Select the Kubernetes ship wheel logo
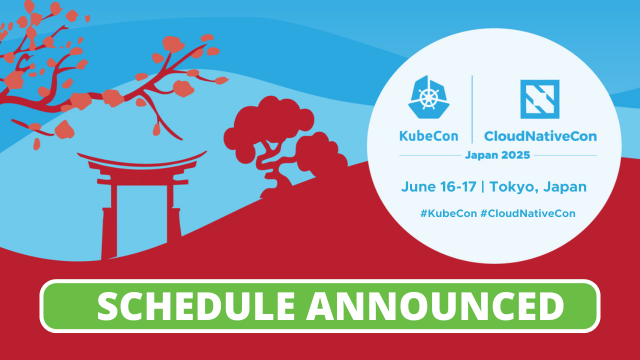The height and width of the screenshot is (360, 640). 429,99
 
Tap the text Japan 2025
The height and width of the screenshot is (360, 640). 497,156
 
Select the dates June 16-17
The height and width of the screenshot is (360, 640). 439,186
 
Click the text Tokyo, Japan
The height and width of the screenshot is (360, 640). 540,186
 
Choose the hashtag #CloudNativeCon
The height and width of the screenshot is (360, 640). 541,213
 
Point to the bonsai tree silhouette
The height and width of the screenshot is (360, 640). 285,140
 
